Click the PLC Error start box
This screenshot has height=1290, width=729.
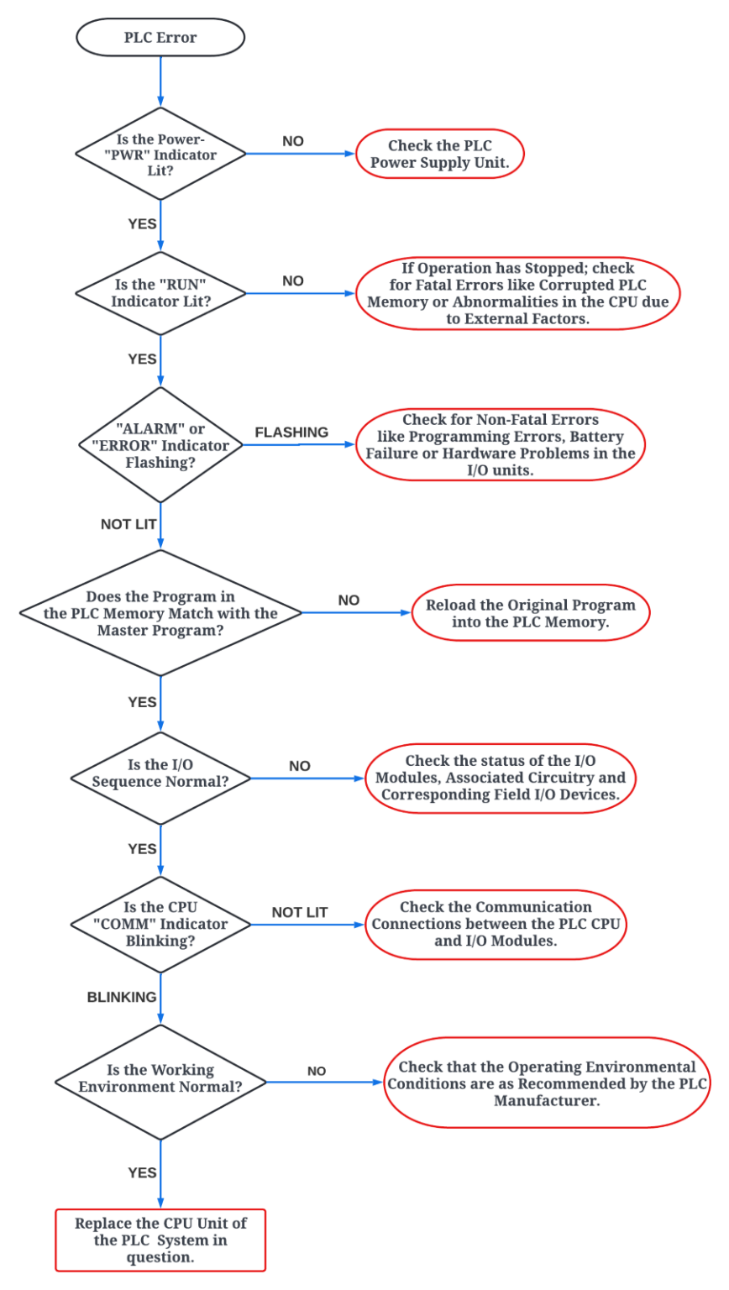tap(160, 38)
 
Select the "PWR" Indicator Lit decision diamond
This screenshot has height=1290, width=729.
tap(160, 155)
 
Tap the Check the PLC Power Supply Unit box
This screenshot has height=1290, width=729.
tap(440, 155)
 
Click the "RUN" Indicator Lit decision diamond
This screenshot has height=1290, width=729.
tap(160, 293)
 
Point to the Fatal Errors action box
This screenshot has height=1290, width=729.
tap(517, 293)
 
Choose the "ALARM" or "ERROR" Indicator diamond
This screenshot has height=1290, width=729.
tap(160, 445)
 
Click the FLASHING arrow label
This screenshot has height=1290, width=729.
tap(291, 433)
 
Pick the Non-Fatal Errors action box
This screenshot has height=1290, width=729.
tap(501, 444)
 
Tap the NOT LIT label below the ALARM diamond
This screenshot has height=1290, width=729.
tap(128, 524)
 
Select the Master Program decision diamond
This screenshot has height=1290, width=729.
tap(160, 613)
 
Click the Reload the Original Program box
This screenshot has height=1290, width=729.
tap(530, 613)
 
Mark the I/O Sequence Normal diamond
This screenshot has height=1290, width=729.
tap(160, 773)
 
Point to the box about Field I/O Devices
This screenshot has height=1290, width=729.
tap(500, 778)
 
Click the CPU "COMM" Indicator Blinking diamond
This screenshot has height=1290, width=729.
tap(160, 924)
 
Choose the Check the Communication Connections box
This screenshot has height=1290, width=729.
tap(496, 924)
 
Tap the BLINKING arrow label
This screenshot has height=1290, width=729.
tap(122, 997)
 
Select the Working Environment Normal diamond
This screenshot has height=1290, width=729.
tap(160, 1078)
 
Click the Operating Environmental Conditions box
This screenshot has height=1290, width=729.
tap(547, 1083)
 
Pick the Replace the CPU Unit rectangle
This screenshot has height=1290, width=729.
tap(160, 1240)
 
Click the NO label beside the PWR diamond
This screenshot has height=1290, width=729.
tap(292, 141)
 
